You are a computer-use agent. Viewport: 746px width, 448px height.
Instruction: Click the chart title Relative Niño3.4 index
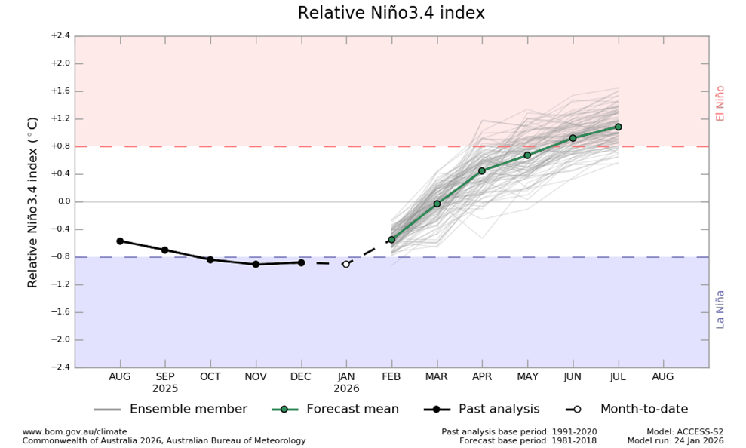point(391,14)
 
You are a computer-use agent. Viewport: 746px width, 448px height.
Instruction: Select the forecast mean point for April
point(482,170)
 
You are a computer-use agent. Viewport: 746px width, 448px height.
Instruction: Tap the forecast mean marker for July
point(618,127)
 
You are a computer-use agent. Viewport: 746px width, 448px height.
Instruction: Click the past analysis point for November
point(256,264)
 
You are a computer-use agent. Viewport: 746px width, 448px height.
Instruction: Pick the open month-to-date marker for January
point(346,264)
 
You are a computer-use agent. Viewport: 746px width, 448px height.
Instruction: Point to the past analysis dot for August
point(120,241)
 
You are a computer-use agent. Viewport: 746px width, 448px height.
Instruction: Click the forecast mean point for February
point(391,240)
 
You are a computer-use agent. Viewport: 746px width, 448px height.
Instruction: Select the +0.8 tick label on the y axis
point(60,146)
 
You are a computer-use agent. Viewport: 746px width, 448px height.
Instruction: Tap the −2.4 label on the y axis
point(60,367)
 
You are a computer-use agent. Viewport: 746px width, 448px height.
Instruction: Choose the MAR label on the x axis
point(437,376)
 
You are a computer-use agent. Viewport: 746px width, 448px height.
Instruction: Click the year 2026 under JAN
point(346,388)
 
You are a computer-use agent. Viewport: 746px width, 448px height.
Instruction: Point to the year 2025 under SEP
point(165,388)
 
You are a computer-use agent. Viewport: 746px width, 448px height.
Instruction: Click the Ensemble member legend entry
point(188,409)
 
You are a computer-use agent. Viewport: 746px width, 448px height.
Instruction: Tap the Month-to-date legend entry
point(643,409)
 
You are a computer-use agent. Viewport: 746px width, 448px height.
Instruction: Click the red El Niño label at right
point(720,103)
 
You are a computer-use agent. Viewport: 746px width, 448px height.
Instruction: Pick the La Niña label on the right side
point(720,308)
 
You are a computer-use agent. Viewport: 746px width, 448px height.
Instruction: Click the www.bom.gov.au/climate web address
point(75,431)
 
